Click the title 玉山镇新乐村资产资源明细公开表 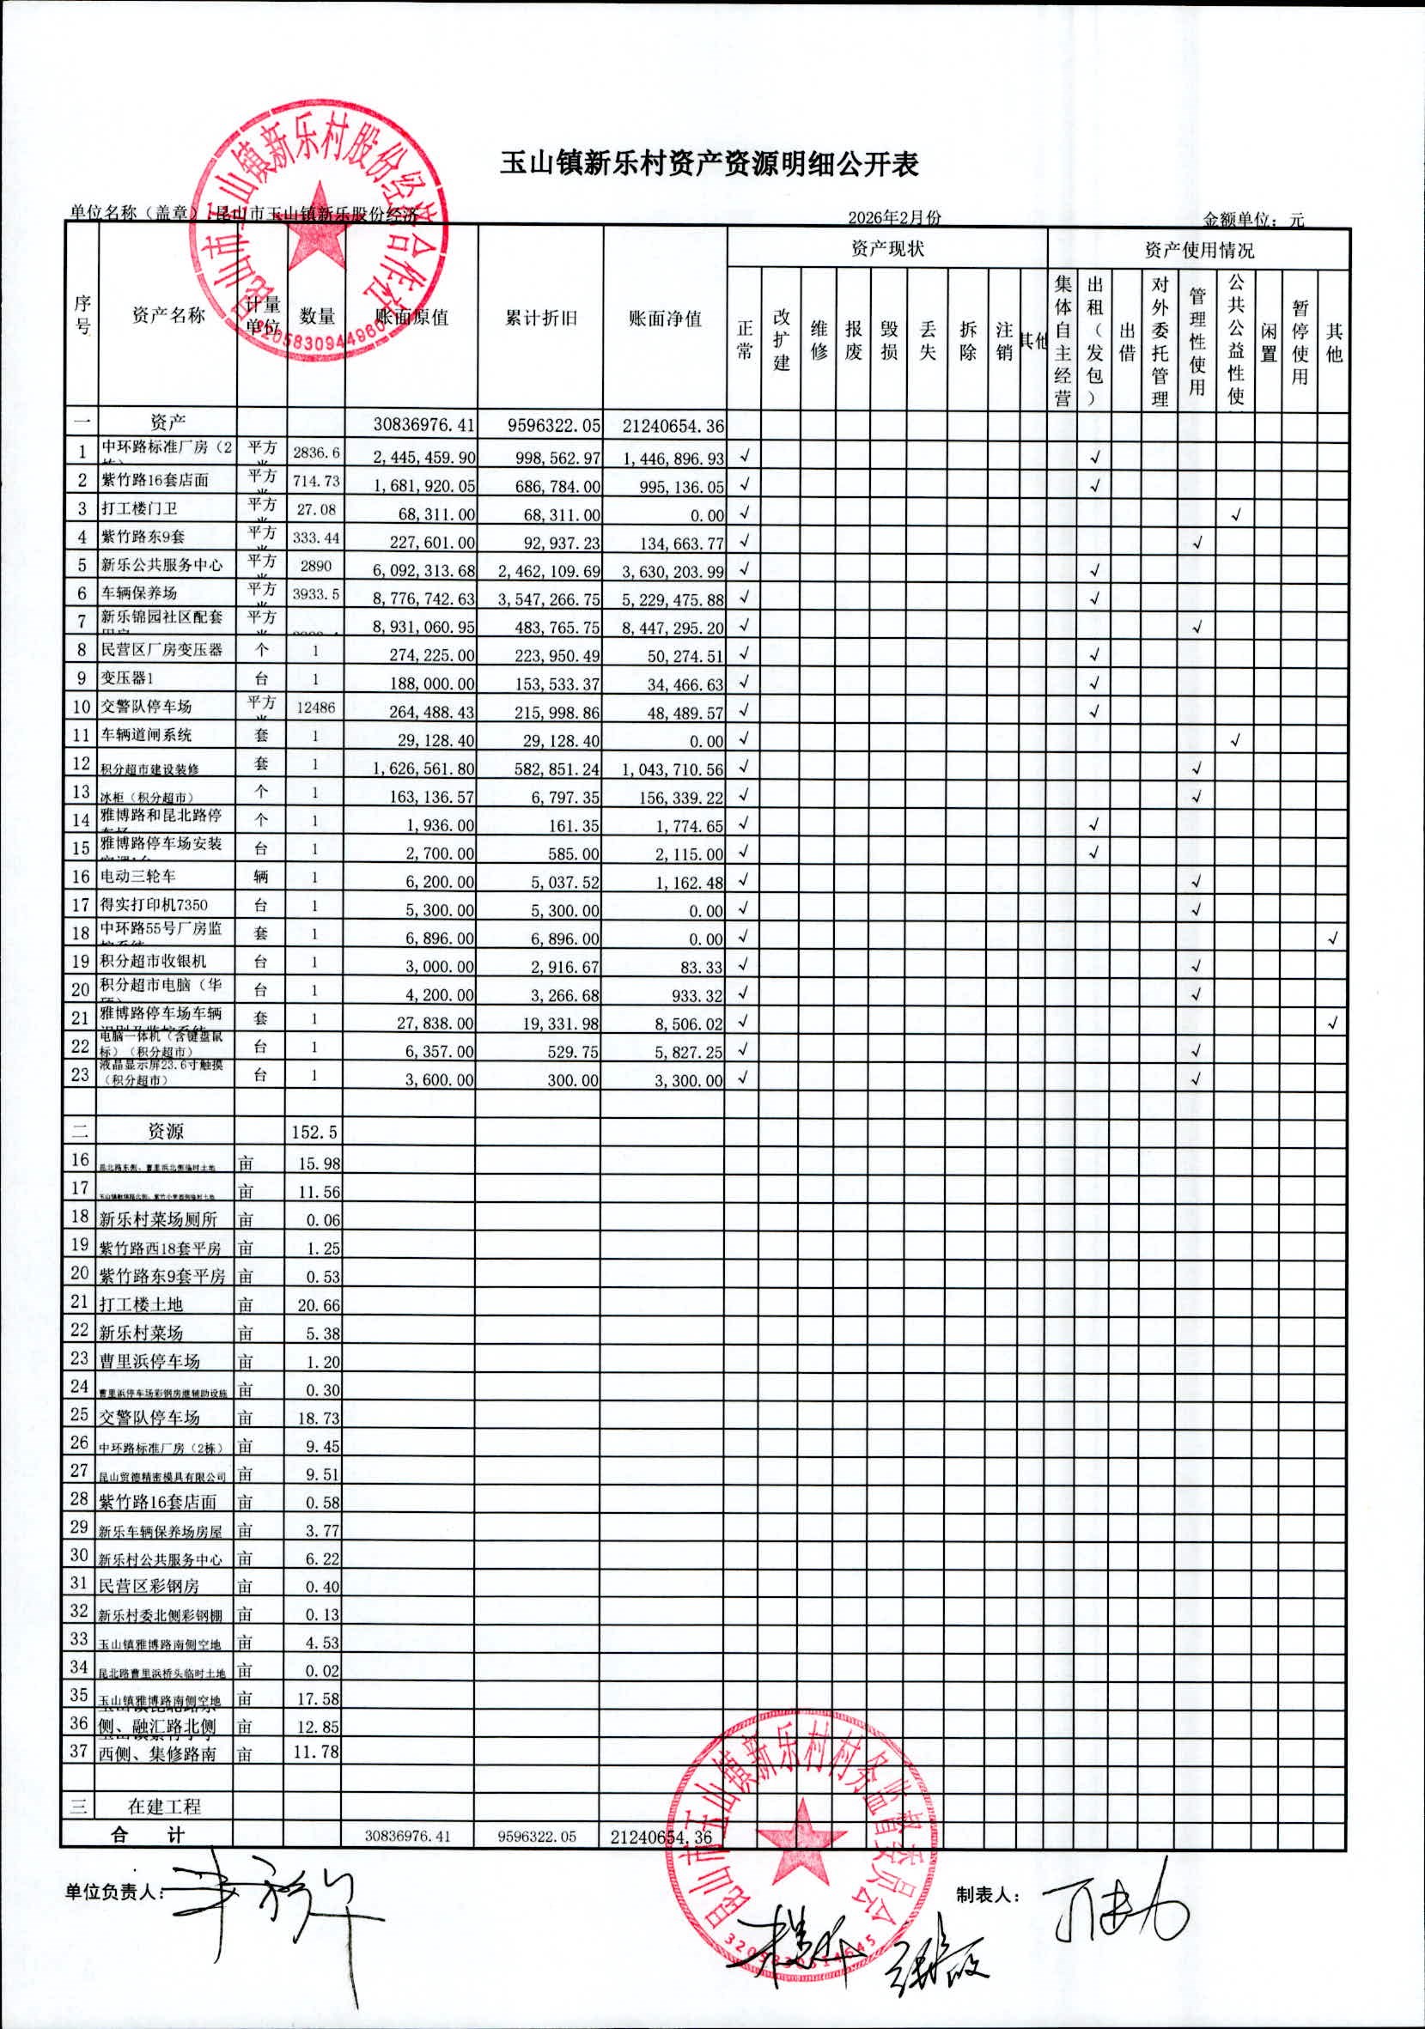click(709, 164)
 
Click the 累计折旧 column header click(540, 319)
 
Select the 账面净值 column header click(665, 319)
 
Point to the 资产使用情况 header click(1198, 250)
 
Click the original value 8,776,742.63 click(423, 599)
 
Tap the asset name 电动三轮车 click(138, 876)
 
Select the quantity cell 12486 click(315, 707)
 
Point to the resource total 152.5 click(315, 1131)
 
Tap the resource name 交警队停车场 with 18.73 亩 click(149, 1418)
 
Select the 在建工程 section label click(164, 1807)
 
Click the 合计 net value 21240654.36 click(661, 1837)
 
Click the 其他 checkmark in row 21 click(1332, 1023)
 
